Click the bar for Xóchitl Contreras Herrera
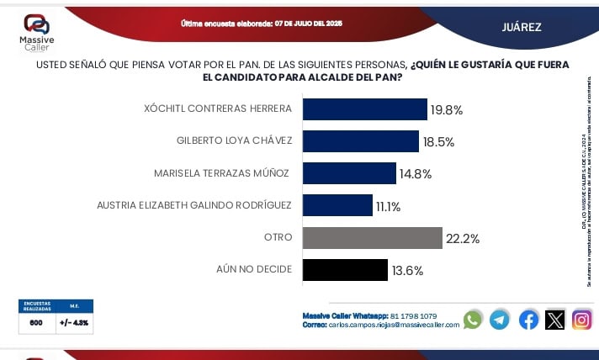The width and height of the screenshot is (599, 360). tap(364, 109)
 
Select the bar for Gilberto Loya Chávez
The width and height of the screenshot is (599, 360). tap(360, 141)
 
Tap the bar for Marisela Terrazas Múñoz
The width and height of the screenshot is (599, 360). tap(349, 173)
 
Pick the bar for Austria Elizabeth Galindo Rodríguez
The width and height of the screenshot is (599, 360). tap(337, 205)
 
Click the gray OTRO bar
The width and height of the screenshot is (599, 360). tap(372, 238)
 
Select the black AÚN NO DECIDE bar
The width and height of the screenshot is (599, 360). tap(344, 270)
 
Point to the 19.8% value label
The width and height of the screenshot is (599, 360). tap(447, 109)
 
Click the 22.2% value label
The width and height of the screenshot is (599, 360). tap(463, 239)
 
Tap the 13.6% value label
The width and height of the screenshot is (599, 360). tap(406, 271)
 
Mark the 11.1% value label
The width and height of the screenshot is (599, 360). tap(388, 206)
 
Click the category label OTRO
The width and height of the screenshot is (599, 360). tap(278, 238)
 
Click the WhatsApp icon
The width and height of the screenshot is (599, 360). tap(473, 320)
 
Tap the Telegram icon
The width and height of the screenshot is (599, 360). tap(500, 320)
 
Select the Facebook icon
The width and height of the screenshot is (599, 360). tap(528, 320)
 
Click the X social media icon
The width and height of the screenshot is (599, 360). tap(555, 320)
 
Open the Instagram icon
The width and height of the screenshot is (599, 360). tap(582, 320)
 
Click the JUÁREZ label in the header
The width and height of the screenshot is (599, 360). tap(522, 27)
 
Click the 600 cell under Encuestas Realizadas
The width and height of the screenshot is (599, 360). tap(37, 322)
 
